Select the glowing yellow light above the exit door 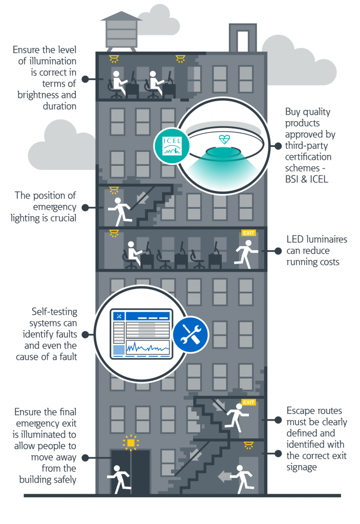click(131, 442)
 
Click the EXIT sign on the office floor click(248, 233)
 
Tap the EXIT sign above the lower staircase click(248, 402)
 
